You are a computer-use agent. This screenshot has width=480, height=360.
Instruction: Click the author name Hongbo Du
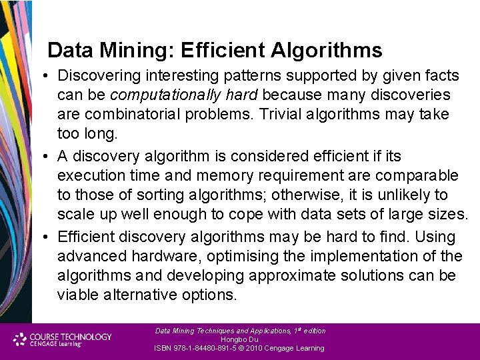coord(239,339)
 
